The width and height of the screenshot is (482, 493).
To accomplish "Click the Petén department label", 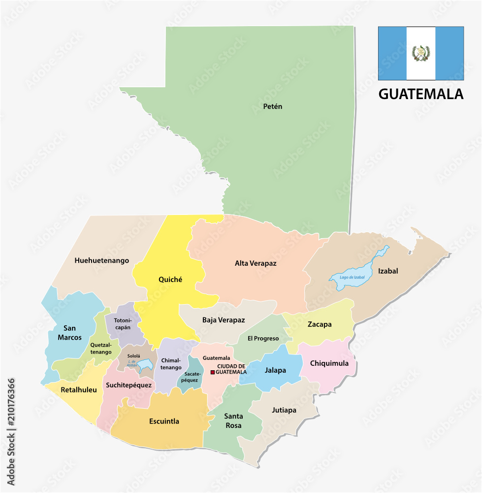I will point(272,106).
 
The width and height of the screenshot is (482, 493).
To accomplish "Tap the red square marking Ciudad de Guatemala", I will point(213,372).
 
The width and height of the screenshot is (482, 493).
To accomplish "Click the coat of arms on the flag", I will point(420,53).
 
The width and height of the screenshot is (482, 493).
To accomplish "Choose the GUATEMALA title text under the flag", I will point(420,94).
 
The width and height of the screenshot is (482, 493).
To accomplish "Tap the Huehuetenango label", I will point(102,260).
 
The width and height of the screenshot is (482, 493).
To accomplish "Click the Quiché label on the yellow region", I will point(170,280).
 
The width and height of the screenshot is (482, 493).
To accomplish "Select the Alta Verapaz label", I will point(256,263).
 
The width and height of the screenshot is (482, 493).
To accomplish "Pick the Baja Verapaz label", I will point(223,320).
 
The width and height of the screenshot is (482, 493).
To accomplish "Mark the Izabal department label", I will point(388,271).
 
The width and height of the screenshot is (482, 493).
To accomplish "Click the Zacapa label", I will point(320,324).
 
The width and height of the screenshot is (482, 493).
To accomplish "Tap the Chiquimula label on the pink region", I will point(329,363).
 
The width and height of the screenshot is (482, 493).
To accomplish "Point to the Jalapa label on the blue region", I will point(275,370).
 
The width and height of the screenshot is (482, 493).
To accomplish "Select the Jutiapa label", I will point(284,410).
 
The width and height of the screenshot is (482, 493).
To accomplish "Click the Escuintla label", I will point(164,422).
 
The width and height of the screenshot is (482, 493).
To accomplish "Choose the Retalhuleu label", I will point(79,389).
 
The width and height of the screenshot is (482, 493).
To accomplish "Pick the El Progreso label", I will point(263,338).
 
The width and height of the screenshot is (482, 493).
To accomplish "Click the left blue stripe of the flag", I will point(392,53).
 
